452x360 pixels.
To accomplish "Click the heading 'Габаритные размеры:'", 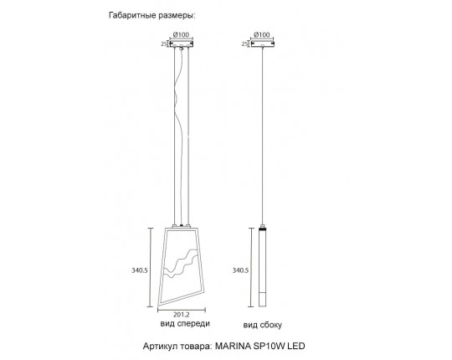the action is click(x=152, y=15).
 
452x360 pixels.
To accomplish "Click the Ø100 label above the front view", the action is click(x=181, y=34).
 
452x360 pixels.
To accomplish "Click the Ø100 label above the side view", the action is click(x=262, y=34).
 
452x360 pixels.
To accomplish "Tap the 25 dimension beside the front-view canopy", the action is click(x=164, y=44).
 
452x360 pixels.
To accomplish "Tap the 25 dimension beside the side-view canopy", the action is click(x=244, y=44).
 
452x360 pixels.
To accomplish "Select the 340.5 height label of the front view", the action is click(x=140, y=270).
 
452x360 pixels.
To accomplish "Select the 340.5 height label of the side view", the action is click(x=240, y=270).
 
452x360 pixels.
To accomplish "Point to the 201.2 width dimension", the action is click(x=182, y=315).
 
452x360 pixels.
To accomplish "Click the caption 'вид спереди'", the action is click(x=185, y=324).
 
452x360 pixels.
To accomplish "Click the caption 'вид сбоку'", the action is click(x=262, y=325).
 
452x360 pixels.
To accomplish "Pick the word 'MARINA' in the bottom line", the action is click(x=233, y=346).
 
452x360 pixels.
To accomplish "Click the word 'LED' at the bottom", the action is click(x=296, y=346).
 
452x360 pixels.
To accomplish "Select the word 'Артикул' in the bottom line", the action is click(x=160, y=346).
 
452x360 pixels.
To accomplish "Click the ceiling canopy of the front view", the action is click(x=181, y=44).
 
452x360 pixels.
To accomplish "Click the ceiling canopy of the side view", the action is click(x=262, y=44).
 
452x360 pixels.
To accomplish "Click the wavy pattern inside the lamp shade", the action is click(x=181, y=264).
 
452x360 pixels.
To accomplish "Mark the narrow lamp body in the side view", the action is click(x=262, y=266).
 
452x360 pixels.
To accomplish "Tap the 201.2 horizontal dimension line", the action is click(x=182, y=310).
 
